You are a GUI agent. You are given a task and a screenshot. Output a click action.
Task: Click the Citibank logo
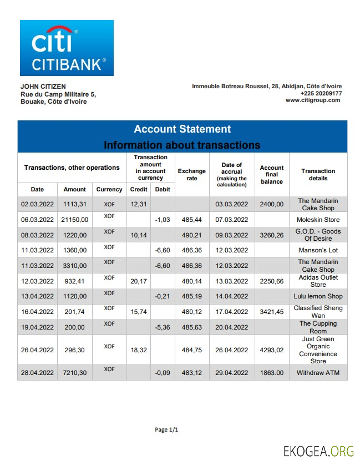pyautogui.click(x=67, y=48)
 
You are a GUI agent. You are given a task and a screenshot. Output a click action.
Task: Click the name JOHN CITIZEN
pyautogui.click(x=43, y=87)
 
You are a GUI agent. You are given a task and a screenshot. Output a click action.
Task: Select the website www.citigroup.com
pyautogui.click(x=313, y=100)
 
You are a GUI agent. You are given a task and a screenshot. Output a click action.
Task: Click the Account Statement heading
pyautogui.click(x=182, y=129)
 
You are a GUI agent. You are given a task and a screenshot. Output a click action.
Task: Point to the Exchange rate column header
pyautogui.click(x=191, y=175)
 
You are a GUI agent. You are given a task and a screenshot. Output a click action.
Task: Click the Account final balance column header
pyautogui.click(x=272, y=175)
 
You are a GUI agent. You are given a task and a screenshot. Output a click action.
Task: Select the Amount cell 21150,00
pyautogui.click(x=75, y=220)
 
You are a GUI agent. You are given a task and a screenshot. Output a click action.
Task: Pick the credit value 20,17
pyautogui.click(x=138, y=281)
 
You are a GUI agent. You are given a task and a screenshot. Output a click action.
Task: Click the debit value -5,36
pyautogui.click(x=163, y=327)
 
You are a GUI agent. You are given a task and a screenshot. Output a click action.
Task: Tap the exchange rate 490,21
pyautogui.click(x=191, y=235)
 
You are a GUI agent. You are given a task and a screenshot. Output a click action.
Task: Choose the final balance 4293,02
pyautogui.click(x=272, y=350)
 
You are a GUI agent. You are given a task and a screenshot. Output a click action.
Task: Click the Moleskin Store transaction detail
pyautogui.click(x=318, y=220)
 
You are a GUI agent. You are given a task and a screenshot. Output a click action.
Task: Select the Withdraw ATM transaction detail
pyautogui.click(x=318, y=373)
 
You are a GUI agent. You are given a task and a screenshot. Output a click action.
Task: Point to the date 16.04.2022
pyautogui.click(x=37, y=312)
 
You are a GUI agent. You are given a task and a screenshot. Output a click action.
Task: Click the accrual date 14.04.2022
pyautogui.click(x=231, y=297)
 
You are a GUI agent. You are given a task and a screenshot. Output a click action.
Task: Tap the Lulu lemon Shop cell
pyautogui.click(x=318, y=297)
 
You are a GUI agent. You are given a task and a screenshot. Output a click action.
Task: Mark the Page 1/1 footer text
pyautogui.click(x=166, y=430)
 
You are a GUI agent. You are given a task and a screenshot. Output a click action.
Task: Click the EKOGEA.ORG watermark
pyautogui.click(x=318, y=450)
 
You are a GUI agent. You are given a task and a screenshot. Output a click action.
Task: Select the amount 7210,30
pyautogui.click(x=75, y=373)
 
